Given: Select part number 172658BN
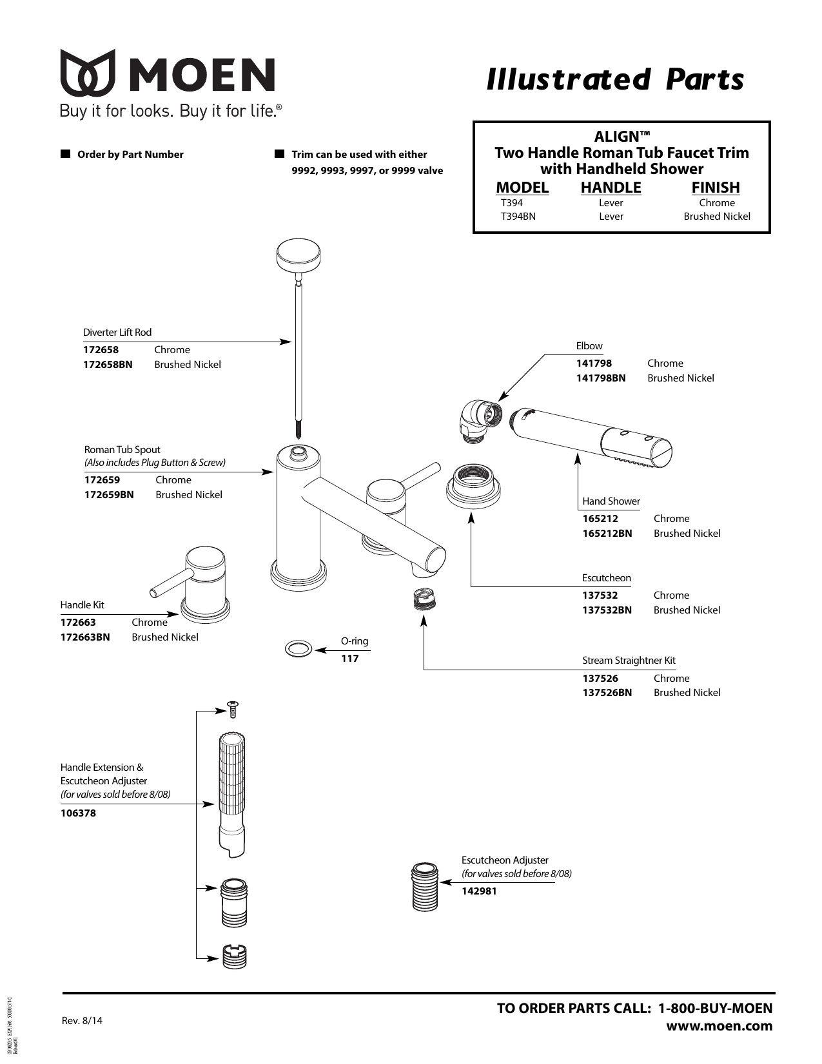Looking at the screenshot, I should (108, 365).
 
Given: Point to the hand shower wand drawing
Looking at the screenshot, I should (591, 436).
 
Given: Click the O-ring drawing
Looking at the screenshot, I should (298, 649).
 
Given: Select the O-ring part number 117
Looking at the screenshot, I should (349, 659).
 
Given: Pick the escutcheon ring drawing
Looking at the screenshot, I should (473, 485).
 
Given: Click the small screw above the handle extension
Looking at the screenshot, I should (233, 709).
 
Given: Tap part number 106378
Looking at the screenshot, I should (78, 813).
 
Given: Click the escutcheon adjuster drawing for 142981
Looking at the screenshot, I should (425, 886).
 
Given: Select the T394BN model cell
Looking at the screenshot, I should (518, 217).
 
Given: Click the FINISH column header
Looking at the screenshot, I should (716, 188).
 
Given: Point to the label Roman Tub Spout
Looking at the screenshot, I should (122, 450).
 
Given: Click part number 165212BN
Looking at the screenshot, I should (607, 534).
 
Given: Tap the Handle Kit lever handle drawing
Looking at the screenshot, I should (197, 583).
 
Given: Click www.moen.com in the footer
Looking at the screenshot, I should (719, 1026).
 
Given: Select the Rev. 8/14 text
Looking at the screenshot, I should (81, 1021).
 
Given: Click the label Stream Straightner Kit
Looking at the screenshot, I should (629, 661).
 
